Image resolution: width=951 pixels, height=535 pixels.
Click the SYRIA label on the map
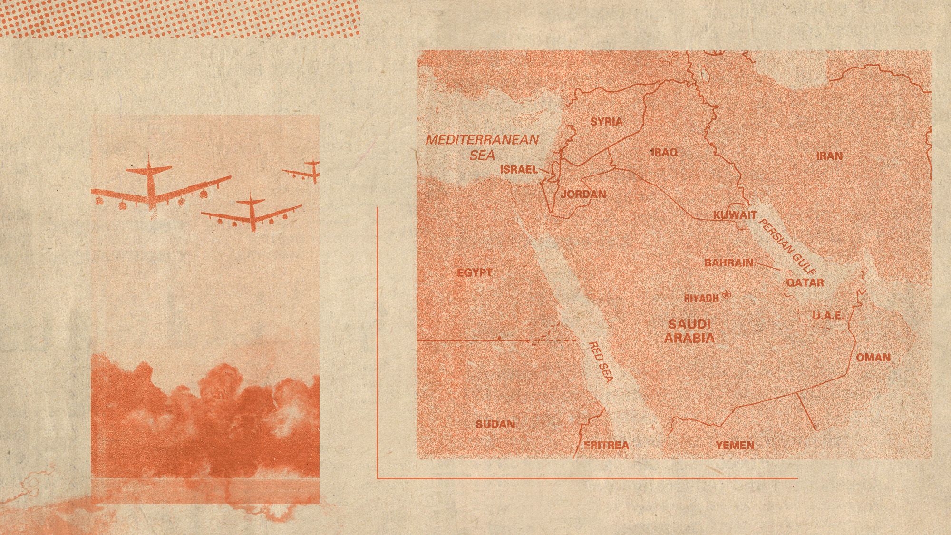coord(606,122)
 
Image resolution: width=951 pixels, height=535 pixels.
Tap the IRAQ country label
coord(664,152)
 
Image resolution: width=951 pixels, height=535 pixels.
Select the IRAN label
coord(829,156)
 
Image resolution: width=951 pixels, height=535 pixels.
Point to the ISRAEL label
coord(519,169)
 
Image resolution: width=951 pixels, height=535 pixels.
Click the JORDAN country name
coord(583,194)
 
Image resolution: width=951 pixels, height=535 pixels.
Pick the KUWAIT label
coord(735,215)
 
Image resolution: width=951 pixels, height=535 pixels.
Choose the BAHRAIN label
coord(728,263)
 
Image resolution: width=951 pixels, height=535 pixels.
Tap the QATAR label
coord(805,282)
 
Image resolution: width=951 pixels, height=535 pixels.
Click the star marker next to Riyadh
coord(727,295)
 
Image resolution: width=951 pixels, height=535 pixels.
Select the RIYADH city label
coord(701,299)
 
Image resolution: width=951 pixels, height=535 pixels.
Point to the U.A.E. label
coord(828,315)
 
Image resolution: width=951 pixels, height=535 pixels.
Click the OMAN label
coord(873,357)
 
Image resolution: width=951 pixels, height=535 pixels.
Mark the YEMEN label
coord(735,445)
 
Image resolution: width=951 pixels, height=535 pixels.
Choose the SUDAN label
coord(495,424)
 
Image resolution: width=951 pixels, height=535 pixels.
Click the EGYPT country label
coord(474,273)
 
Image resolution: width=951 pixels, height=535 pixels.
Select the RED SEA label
coord(601,361)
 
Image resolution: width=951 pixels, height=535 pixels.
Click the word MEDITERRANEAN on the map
coord(482,140)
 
